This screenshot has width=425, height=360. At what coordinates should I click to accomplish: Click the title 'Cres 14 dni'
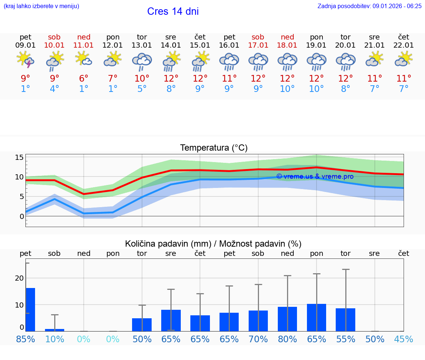click(173, 11)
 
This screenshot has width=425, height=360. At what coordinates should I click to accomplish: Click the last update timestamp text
click(369, 6)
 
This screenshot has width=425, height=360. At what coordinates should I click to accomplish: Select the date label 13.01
click(142, 45)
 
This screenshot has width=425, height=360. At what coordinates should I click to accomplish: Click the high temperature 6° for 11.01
click(84, 78)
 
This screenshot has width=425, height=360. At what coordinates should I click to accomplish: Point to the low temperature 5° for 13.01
click(142, 89)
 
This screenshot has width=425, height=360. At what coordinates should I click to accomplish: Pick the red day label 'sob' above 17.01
click(258, 37)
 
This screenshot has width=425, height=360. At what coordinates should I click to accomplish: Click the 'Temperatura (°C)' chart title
click(214, 148)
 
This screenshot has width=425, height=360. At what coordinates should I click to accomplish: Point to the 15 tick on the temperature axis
click(19, 157)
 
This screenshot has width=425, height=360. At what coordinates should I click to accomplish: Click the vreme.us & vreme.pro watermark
click(315, 176)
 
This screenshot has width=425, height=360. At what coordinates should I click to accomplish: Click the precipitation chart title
click(213, 244)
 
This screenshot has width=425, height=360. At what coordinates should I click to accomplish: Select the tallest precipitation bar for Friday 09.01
click(30, 309)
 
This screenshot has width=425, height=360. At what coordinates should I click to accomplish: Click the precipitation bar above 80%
click(287, 319)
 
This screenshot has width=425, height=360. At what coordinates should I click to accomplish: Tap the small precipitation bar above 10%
click(55, 330)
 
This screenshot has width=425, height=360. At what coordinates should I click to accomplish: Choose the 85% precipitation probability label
click(25, 339)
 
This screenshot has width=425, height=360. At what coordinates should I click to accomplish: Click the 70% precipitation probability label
click(258, 339)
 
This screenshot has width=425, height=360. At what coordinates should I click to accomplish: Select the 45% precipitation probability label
click(404, 339)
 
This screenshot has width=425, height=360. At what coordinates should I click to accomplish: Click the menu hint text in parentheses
click(41, 6)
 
